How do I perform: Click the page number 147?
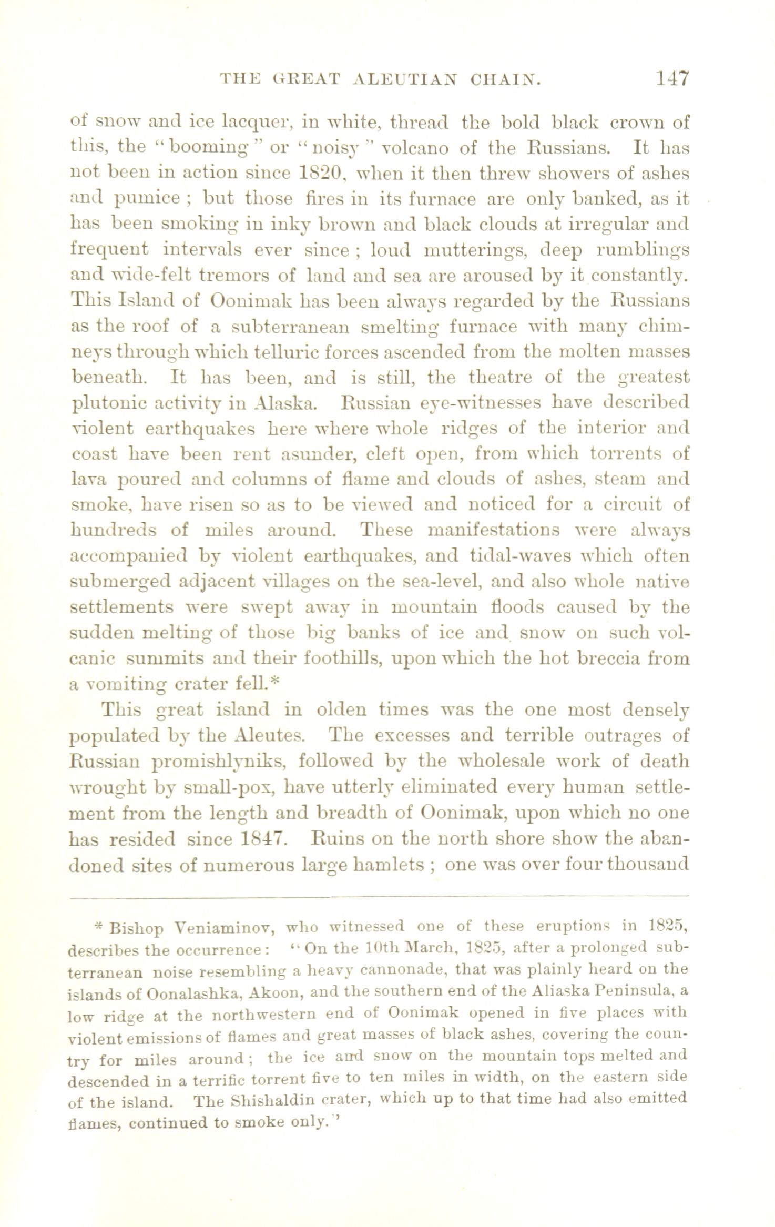pos(671,79)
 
